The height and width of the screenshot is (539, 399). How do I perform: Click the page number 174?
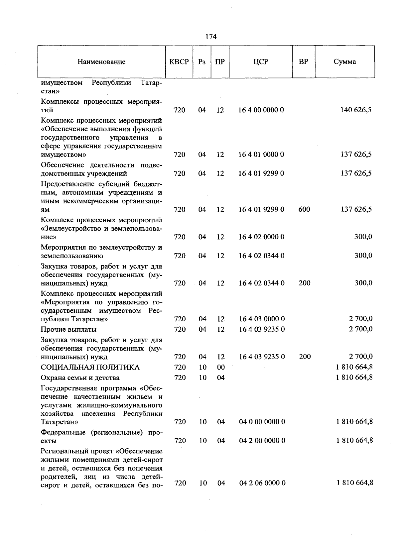tap(211, 37)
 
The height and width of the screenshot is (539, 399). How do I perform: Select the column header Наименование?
tap(101, 62)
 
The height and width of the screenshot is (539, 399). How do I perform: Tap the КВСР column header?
tap(179, 62)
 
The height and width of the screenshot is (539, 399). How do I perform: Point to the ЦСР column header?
tap(260, 62)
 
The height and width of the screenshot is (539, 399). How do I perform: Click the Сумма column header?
tap(344, 62)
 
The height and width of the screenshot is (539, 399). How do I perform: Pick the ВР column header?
tap(303, 62)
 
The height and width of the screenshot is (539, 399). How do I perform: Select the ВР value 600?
tap(304, 209)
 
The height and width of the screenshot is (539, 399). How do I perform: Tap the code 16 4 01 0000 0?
tap(261, 155)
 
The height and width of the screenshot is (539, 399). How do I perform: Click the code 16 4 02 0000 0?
tap(261, 237)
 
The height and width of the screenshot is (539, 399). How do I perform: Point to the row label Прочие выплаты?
tap(68, 329)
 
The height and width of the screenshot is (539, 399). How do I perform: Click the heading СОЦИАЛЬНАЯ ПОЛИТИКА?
tap(90, 367)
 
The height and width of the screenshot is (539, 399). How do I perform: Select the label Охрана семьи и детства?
tap(80, 378)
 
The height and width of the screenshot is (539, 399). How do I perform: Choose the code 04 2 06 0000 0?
tap(262, 483)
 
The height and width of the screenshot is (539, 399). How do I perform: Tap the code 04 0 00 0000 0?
tap(262, 422)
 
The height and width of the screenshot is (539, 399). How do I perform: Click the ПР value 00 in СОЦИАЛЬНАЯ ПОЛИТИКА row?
tap(221, 367)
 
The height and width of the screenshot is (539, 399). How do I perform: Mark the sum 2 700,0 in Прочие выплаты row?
tap(361, 329)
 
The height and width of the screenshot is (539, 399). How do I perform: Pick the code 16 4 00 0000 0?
tap(261, 110)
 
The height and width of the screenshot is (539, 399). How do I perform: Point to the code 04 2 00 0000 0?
tap(262, 441)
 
